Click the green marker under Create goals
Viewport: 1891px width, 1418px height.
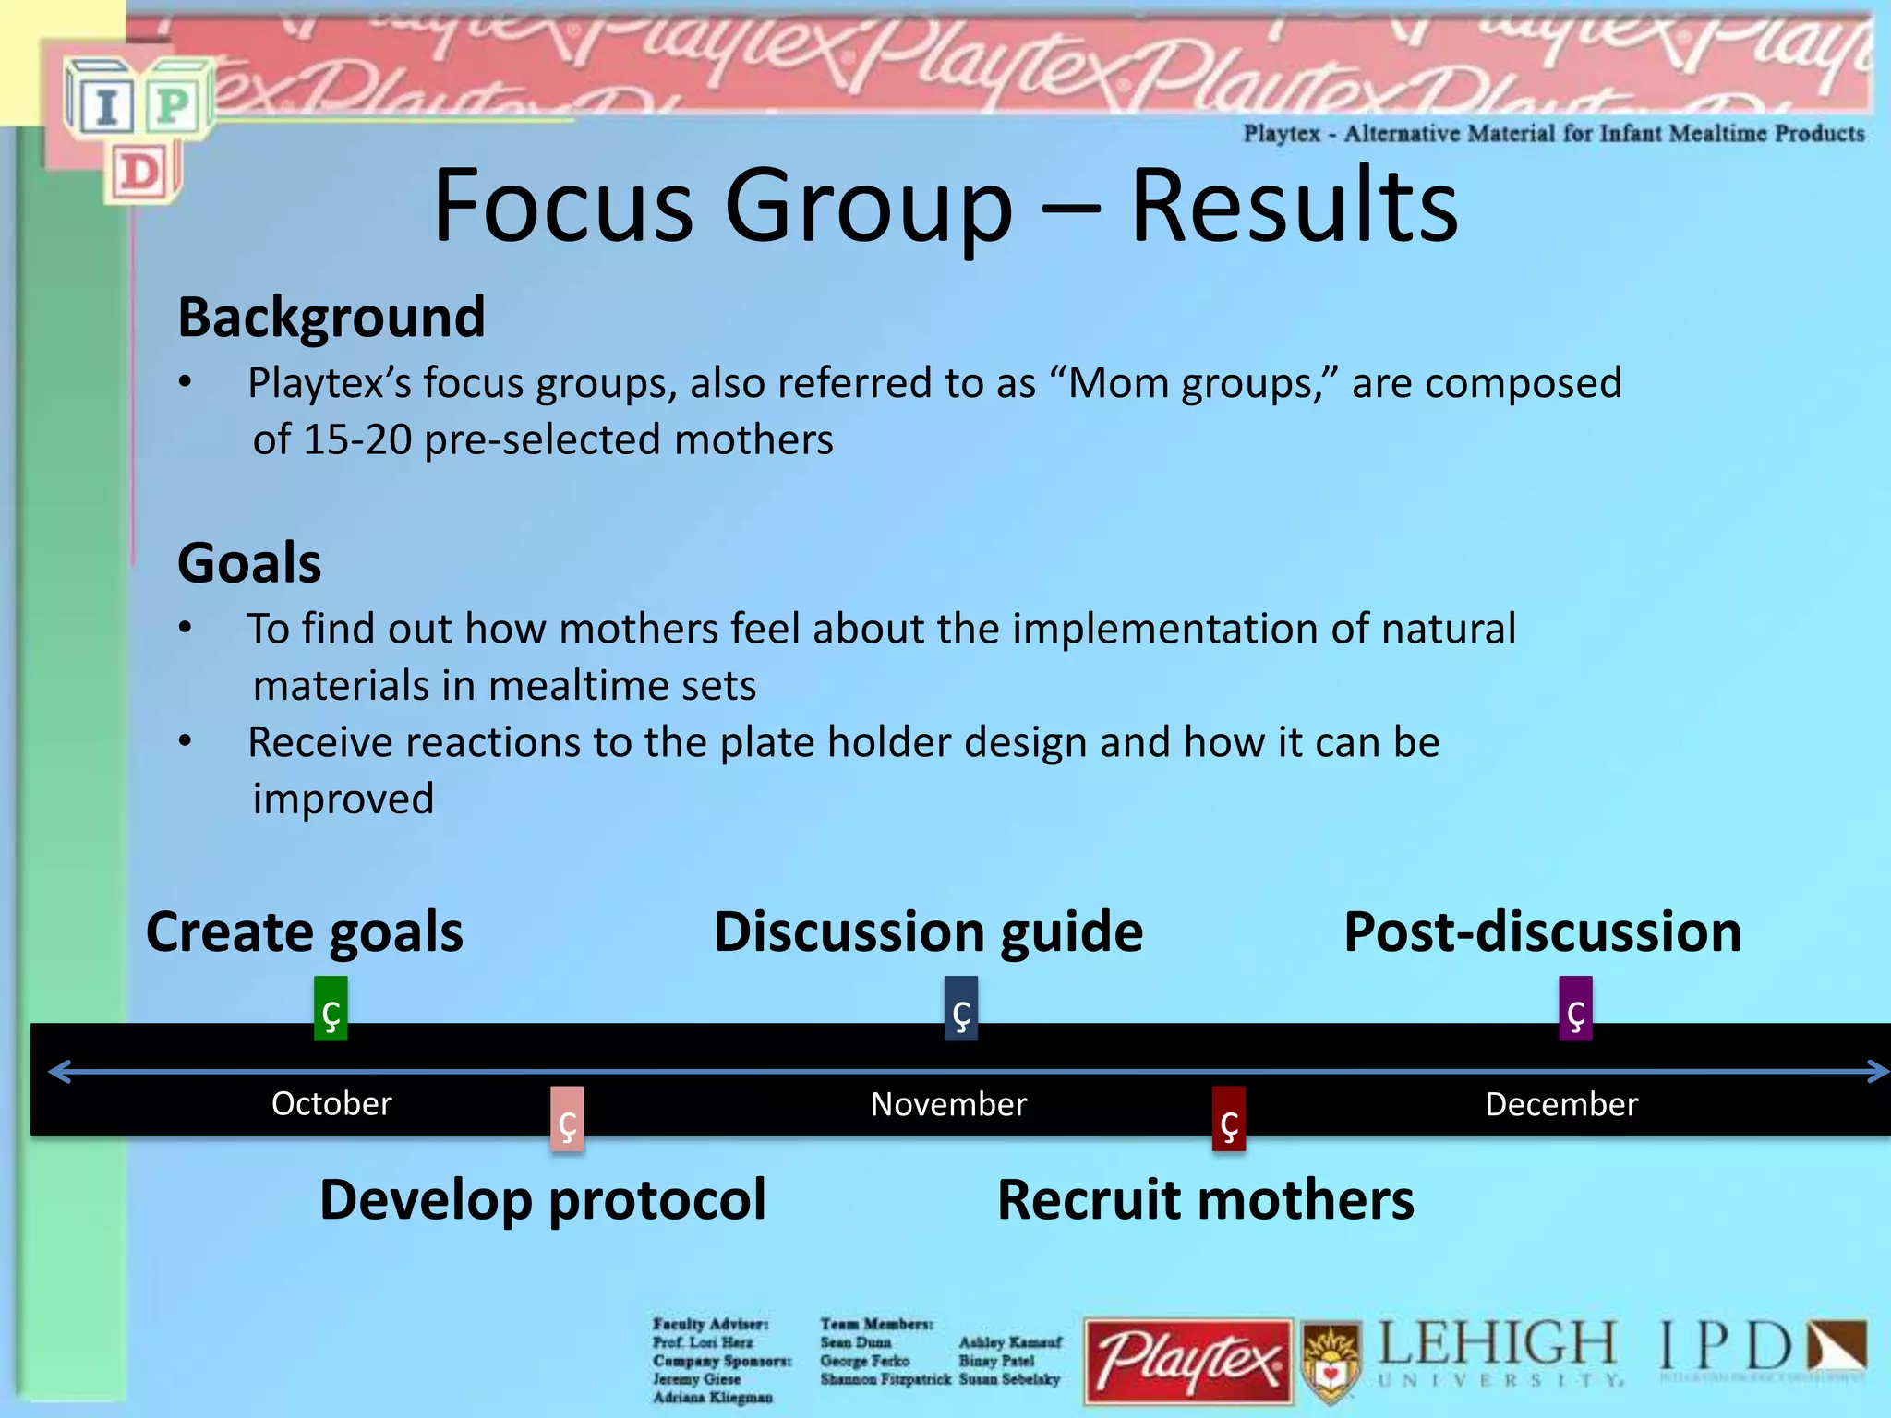point(331,1008)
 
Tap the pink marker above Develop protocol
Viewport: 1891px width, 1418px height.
point(567,1118)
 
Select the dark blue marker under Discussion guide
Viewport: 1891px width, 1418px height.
point(960,1008)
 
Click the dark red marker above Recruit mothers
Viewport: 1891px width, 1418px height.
point(1229,1118)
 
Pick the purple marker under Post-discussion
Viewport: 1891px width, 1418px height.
point(1575,1008)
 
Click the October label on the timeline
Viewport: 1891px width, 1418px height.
point(331,1104)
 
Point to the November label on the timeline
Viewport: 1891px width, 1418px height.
point(948,1104)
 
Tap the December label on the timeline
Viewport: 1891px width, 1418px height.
point(1561,1104)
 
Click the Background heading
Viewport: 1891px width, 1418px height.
point(331,318)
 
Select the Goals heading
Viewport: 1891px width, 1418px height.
point(249,563)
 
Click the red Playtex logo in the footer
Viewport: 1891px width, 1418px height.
point(1188,1362)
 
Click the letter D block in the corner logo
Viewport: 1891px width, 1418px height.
point(140,173)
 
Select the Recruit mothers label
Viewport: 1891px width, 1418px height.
point(1205,1200)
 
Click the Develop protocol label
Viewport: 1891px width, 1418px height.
point(543,1200)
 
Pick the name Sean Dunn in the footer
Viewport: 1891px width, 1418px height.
point(855,1342)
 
